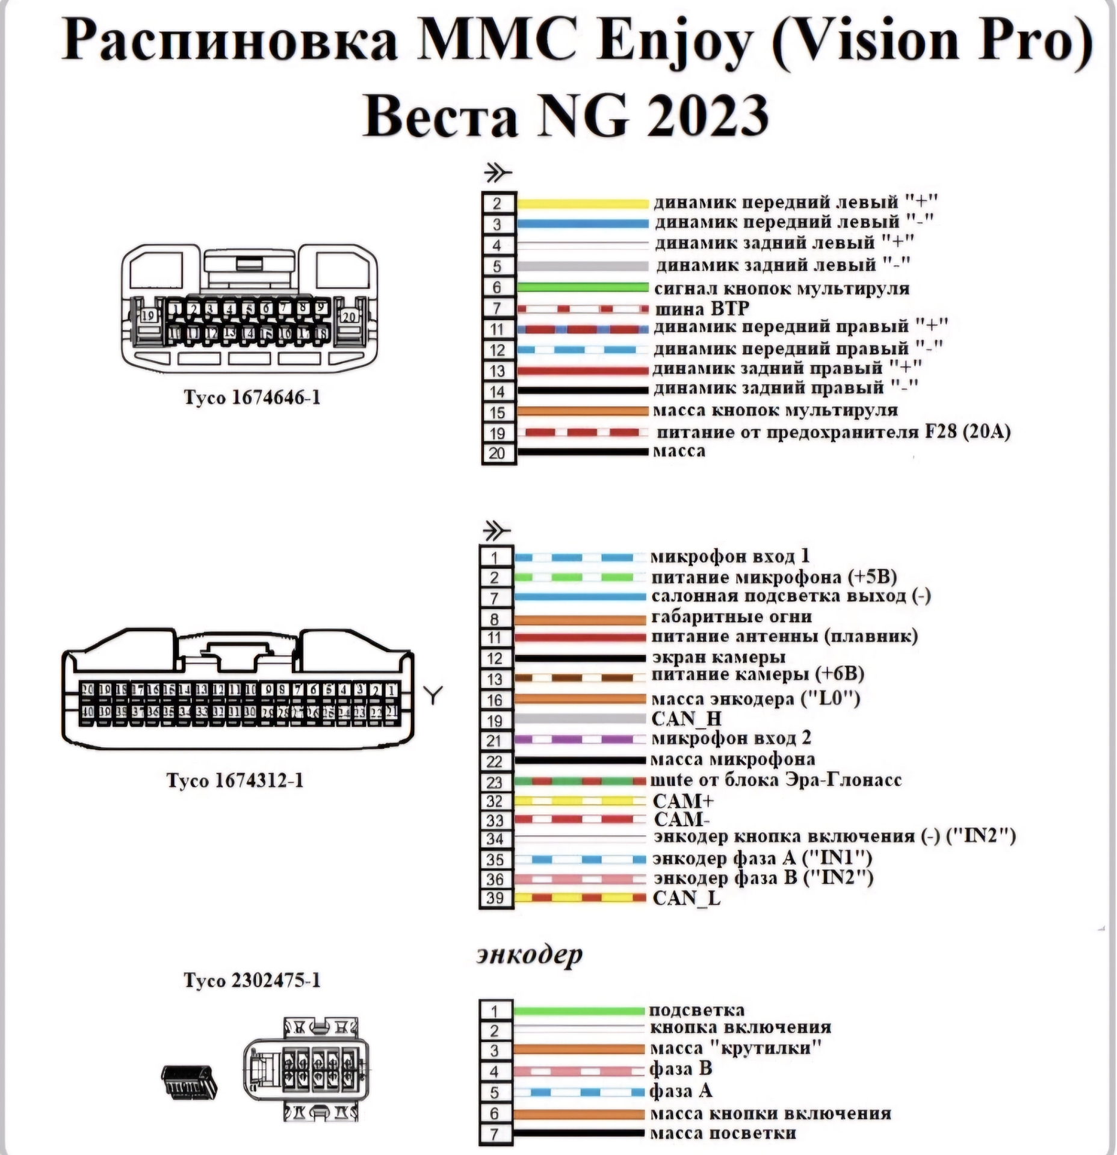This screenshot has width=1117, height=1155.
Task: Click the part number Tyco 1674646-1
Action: (x=252, y=398)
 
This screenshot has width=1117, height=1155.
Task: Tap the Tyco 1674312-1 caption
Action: (x=235, y=780)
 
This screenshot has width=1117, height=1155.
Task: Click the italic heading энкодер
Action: (x=529, y=955)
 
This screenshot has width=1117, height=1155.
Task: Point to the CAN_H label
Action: (x=686, y=719)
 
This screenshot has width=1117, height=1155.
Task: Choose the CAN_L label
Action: (x=686, y=898)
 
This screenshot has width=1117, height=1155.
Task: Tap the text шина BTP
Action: (x=701, y=309)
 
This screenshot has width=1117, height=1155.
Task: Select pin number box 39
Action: (x=495, y=898)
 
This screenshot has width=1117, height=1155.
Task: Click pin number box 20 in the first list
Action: (x=497, y=453)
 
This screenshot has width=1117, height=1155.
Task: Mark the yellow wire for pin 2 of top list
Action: (x=582, y=204)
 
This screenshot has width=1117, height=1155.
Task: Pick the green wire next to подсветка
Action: (x=578, y=1011)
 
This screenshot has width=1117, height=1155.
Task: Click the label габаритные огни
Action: (x=731, y=617)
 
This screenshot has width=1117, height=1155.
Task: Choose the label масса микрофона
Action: (x=733, y=760)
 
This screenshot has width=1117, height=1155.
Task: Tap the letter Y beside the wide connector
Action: (x=433, y=695)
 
